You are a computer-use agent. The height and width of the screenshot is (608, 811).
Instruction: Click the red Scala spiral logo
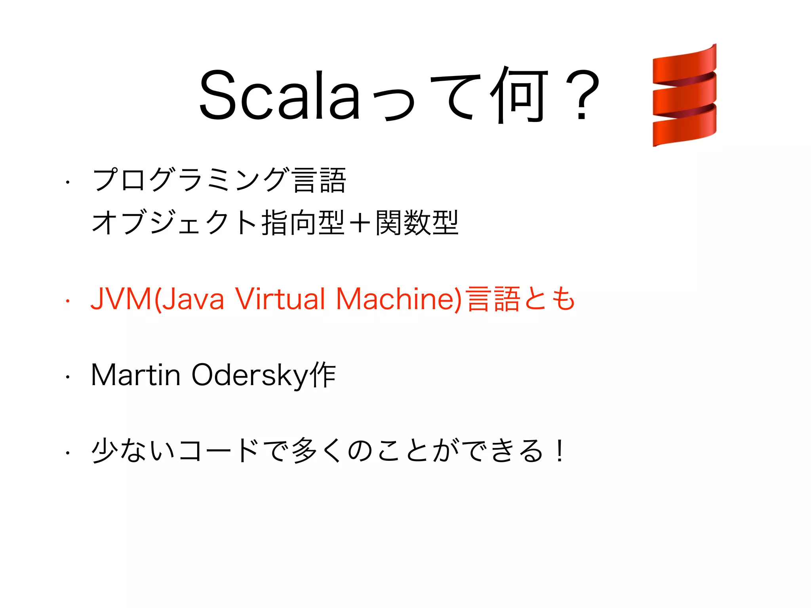point(684,95)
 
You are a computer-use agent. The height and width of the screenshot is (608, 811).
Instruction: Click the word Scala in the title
point(280,95)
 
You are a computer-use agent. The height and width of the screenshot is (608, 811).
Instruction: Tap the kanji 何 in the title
point(519,95)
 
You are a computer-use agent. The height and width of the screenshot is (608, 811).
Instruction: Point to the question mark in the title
point(582,95)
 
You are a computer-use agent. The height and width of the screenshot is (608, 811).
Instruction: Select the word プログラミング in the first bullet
point(190,180)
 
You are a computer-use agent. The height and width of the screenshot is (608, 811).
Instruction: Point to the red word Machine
point(396,299)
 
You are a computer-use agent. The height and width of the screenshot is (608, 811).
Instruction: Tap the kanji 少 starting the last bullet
point(105,450)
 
